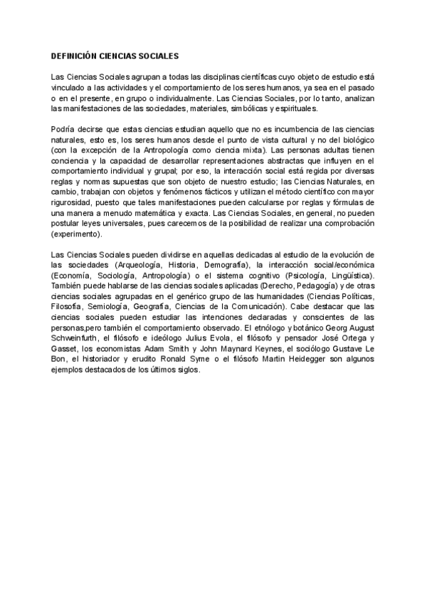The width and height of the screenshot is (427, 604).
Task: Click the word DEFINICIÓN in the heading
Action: (74, 55)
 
